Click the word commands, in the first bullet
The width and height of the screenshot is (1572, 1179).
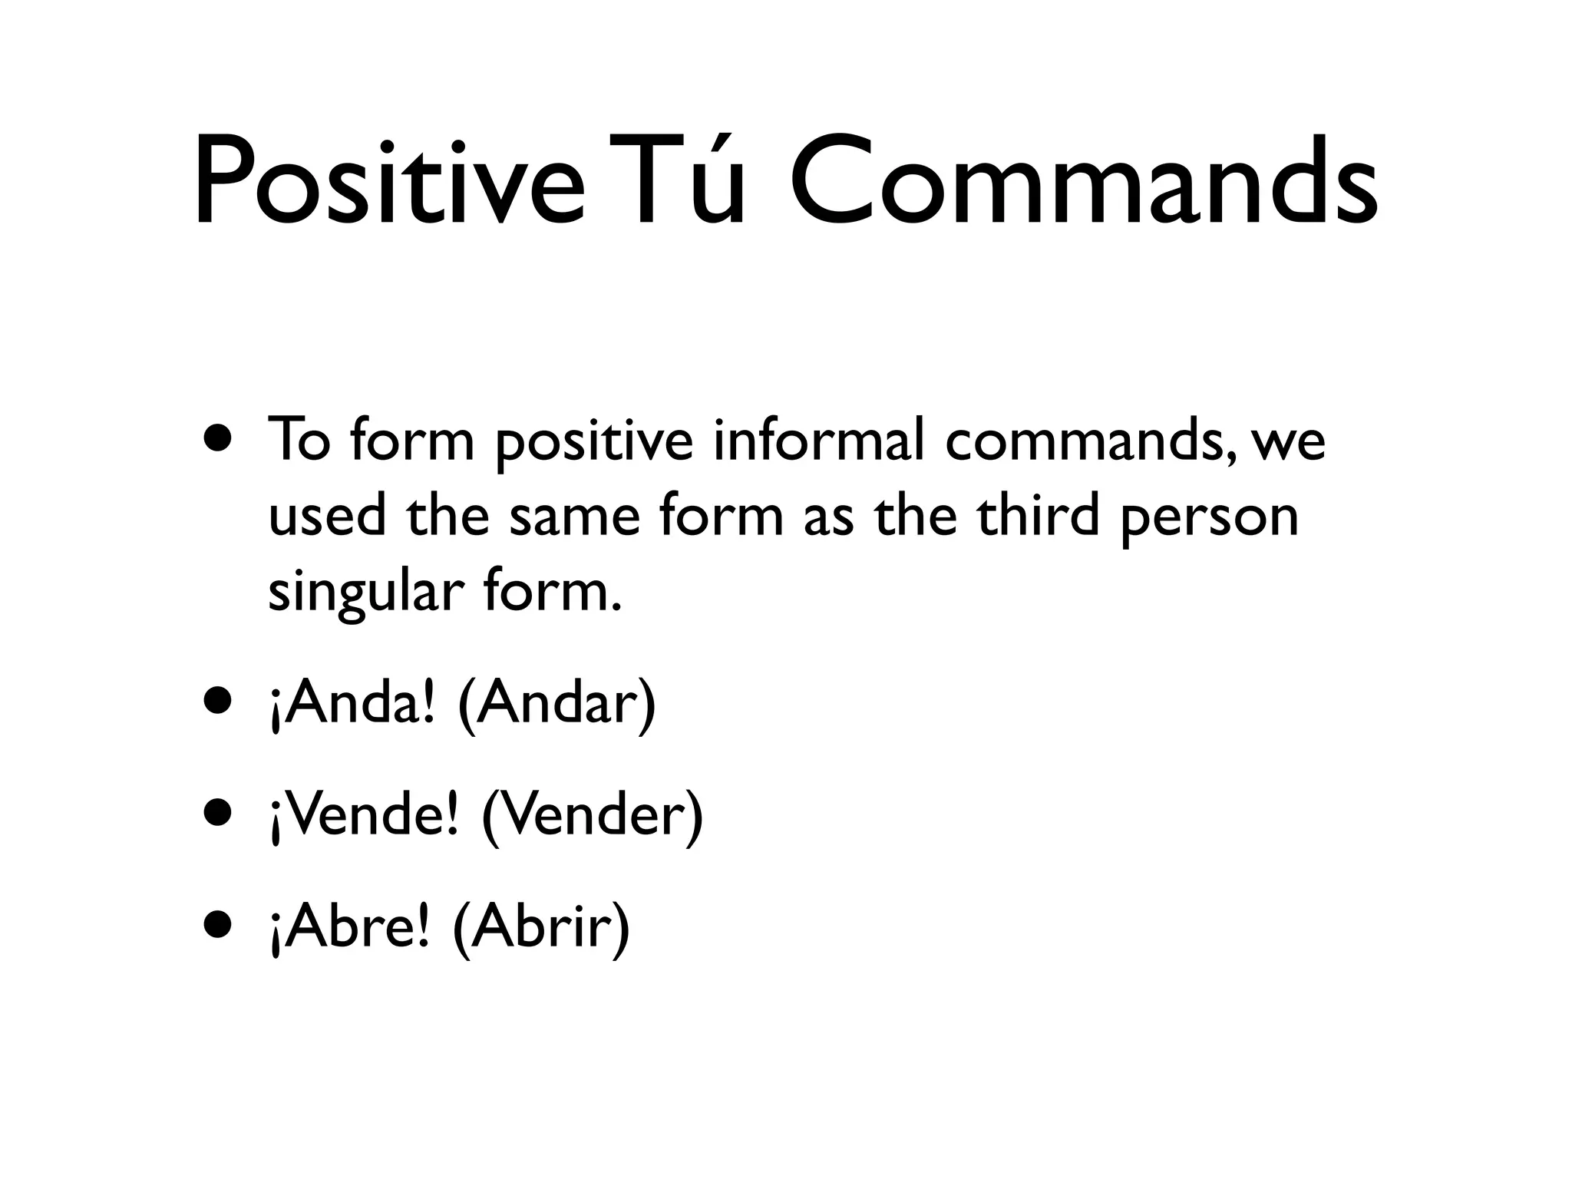[x=1091, y=443]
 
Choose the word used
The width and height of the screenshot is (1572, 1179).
[x=327, y=516]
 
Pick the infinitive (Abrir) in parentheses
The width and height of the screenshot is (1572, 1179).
[x=542, y=928]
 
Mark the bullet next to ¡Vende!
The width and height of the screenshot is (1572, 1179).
[x=218, y=814]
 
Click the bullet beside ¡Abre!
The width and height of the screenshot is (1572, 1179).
[x=218, y=925]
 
